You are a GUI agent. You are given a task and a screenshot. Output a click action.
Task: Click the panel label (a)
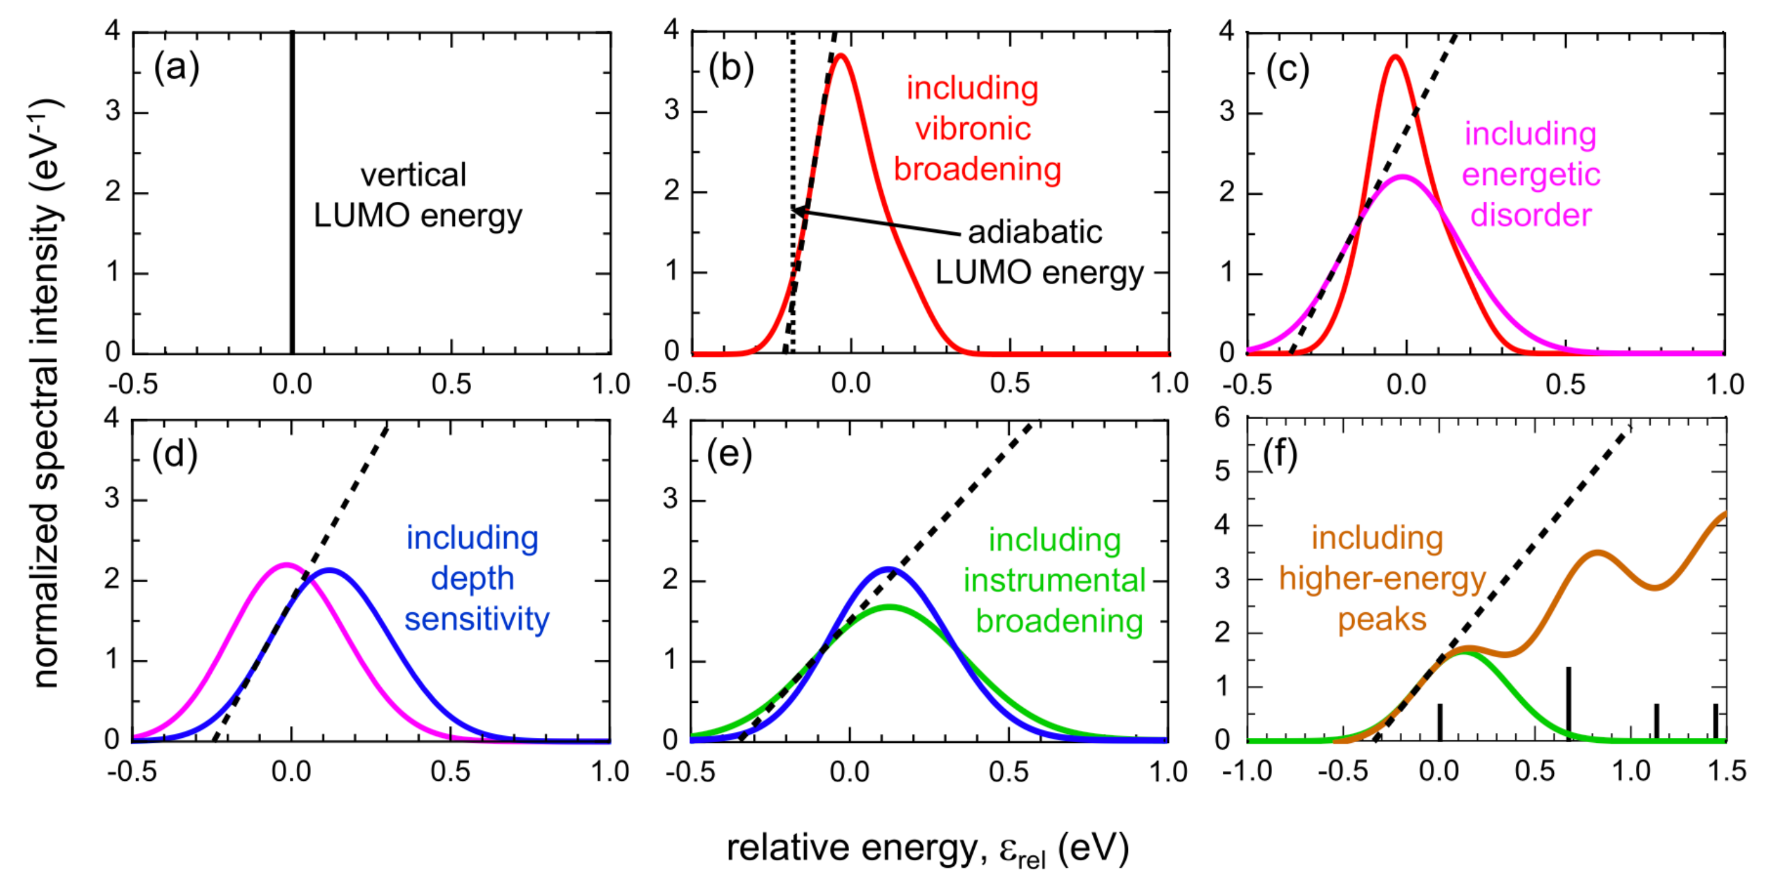pos(176,68)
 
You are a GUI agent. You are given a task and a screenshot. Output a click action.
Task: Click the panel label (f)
pos(1280,455)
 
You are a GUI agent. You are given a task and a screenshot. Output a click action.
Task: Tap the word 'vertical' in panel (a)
pos(413,175)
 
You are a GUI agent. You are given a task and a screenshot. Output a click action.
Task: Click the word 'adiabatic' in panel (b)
pos(1035,232)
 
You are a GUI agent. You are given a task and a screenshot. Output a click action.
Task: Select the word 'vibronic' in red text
pos(973,129)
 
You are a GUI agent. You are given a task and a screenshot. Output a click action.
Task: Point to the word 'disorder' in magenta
pos(1530,216)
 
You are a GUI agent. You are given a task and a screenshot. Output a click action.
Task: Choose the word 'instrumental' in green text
pos(1054,581)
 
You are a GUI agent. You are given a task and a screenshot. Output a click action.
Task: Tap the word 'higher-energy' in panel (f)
pos(1381,579)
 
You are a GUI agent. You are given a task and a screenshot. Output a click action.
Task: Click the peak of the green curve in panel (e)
pos(889,606)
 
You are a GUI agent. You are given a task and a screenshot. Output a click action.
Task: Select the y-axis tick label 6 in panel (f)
pos(1222,418)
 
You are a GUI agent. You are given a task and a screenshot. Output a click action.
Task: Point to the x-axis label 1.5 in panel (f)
pos(1726,772)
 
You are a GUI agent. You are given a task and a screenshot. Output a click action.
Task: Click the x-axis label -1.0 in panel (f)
pos(1247,772)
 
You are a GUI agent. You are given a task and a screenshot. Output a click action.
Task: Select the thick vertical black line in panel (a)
pos(292,192)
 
